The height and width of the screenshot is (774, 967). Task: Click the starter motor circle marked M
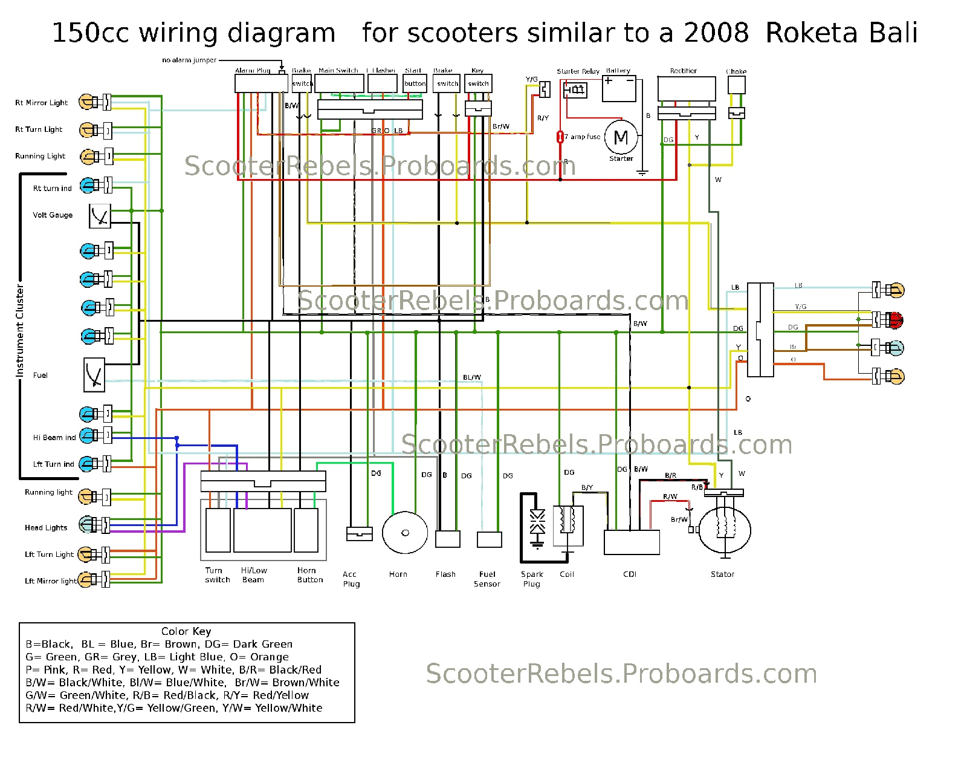[x=621, y=137]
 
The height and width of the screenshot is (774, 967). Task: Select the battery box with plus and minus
[x=619, y=89]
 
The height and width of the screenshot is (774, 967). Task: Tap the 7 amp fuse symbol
[x=560, y=137]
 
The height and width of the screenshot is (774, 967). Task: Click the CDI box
[x=632, y=542]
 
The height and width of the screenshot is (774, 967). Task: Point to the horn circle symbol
[x=405, y=533]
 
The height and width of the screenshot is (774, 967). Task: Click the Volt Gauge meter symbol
[x=100, y=216]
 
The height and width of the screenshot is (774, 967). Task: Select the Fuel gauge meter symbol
[x=94, y=375]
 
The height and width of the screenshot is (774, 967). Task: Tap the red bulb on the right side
[x=896, y=320]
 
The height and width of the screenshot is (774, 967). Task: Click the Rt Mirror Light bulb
[x=86, y=102]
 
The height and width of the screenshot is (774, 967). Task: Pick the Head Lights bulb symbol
[x=86, y=525]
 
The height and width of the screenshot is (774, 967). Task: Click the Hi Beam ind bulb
[x=88, y=435]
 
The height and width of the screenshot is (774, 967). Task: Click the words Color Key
[x=186, y=631]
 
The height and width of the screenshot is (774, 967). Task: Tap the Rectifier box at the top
[x=687, y=88]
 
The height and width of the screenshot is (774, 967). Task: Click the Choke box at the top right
[x=736, y=85]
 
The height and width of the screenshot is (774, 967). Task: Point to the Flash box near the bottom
[x=448, y=539]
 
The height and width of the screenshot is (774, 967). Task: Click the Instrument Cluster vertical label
[x=20, y=330]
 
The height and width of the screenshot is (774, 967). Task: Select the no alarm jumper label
[x=189, y=60]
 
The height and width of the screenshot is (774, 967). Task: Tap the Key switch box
[x=478, y=83]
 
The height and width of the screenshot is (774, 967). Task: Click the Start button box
[x=415, y=83]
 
